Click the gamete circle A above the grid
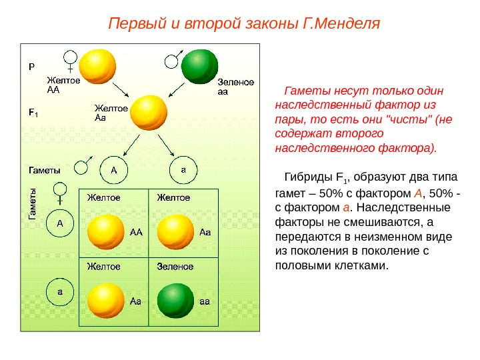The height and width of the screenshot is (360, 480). (113, 169)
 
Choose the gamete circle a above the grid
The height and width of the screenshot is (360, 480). (183, 169)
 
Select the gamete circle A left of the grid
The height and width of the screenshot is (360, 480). (59, 224)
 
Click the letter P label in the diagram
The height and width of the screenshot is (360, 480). (31, 67)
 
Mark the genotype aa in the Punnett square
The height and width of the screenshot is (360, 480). (205, 301)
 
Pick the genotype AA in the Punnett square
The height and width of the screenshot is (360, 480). (136, 233)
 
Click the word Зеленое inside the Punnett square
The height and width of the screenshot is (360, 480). (175, 267)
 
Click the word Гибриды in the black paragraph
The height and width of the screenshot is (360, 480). (307, 177)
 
